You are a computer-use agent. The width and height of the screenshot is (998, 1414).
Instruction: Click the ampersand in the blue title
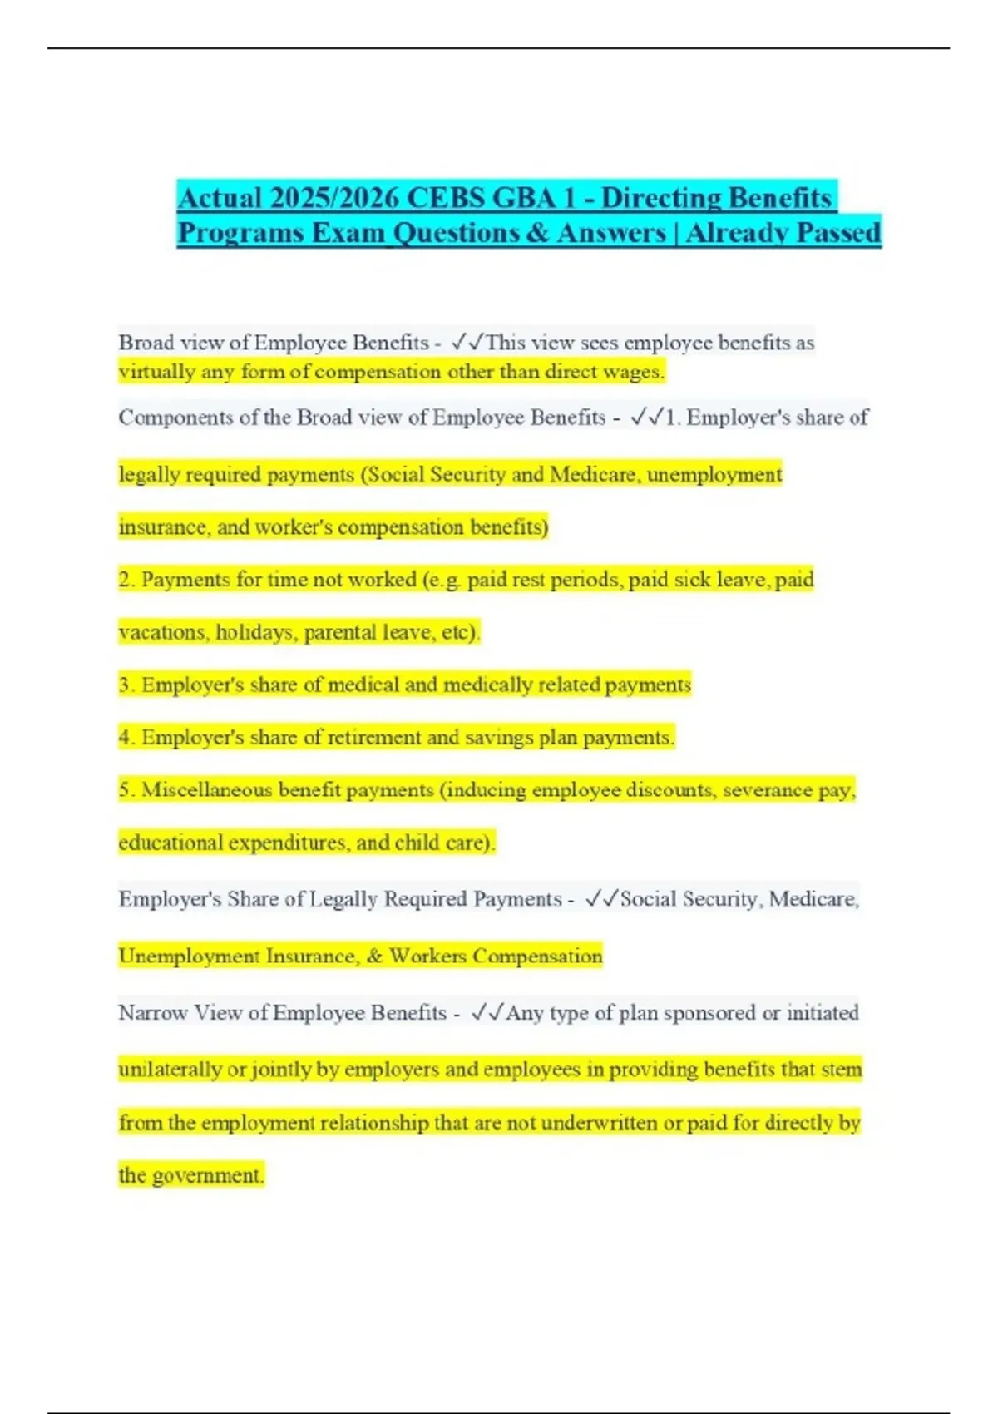coord(537,232)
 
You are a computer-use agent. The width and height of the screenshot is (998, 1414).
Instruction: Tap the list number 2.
coord(126,579)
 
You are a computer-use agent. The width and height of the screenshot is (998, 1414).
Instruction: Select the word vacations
coord(163,632)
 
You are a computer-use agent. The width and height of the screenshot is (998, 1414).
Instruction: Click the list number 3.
coord(126,685)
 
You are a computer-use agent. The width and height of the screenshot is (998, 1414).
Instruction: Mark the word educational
coord(170,843)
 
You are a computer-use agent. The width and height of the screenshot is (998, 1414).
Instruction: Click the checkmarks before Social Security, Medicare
coord(600,899)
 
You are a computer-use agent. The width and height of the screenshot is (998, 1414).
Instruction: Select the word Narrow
coord(153,1012)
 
